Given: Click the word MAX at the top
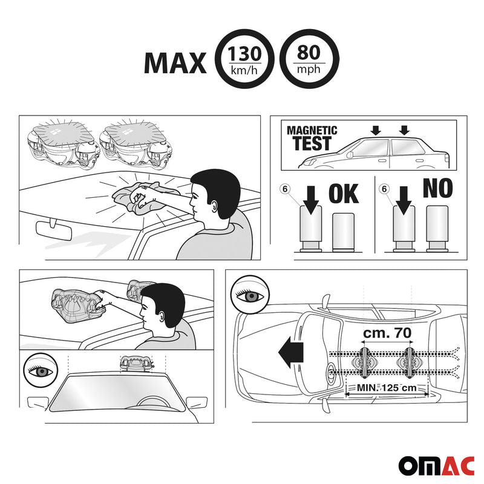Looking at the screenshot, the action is (x=175, y=63).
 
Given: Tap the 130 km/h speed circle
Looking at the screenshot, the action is (x=244, y=59).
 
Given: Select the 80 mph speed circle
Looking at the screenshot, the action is (x=309, y=59).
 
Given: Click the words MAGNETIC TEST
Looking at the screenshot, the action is (x=312, y=138).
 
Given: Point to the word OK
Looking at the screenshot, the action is (x=344, y=194).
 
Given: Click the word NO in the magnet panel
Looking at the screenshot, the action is (x=437, y=188).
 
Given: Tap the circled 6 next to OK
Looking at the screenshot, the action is (x=285, y=189).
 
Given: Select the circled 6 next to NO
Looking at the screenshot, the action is (x=384, y=189).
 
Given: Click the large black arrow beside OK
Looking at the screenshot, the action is (x=311, y=200).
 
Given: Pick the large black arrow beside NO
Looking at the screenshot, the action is (x=404, y=200).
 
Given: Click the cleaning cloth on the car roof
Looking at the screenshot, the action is (x=145, y=197).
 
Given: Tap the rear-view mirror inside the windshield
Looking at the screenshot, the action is (x=54, y=230).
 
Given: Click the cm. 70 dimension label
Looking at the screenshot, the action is (x=387, y=333).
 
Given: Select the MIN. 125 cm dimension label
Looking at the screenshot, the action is (x=387, y=387).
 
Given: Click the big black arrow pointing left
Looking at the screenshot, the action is (x=291, y=353).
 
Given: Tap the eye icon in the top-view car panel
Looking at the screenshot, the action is (x=250, y=295).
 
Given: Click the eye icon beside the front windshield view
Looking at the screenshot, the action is (x=41, y=370).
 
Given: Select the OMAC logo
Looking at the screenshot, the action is (x=436, y=465).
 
